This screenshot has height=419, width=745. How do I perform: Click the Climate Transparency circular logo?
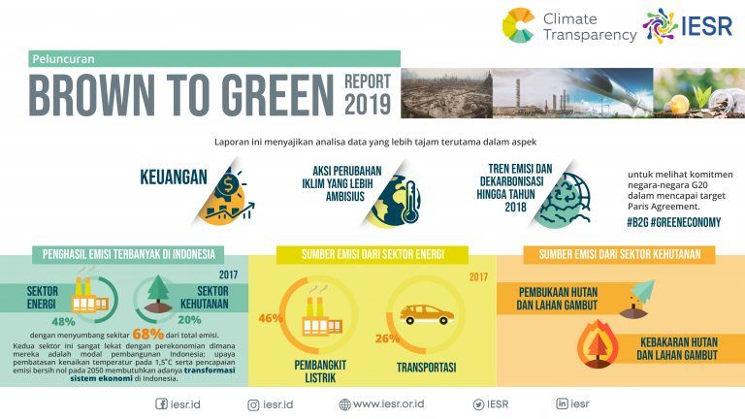(x=518, y=25)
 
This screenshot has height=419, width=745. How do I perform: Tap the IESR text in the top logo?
(x=706, y=25)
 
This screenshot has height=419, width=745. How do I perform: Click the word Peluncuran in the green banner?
(x=63, y=59)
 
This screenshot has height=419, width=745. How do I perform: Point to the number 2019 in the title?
(x=368, y=104)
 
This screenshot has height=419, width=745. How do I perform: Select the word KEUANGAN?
(x=174, y=177)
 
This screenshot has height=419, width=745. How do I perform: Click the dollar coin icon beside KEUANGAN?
(x=228, y=185)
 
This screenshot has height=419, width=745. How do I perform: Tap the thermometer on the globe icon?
(x=410, y=202)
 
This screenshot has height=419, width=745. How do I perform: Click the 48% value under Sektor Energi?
(x=63, y=322)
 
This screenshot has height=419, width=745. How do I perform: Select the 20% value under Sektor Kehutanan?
(x=189, y=320)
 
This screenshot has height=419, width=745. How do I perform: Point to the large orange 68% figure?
(x=148, y=334)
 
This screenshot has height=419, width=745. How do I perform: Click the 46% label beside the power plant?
(x=271, y=318)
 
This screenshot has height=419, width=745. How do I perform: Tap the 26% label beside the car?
(x=387, y=338)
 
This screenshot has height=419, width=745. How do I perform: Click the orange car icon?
(x=426, y=314)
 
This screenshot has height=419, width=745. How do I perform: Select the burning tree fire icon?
(x=598, y=344)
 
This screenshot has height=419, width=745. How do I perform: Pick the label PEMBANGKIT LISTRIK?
(x=320, y=371)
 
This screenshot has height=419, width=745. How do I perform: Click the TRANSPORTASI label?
(x=426, y=368)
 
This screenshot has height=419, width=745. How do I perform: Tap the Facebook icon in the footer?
(x=162, y=403)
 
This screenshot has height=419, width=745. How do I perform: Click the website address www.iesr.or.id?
(x=388, y=403)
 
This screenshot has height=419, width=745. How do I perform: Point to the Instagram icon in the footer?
(x=253, y=405)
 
